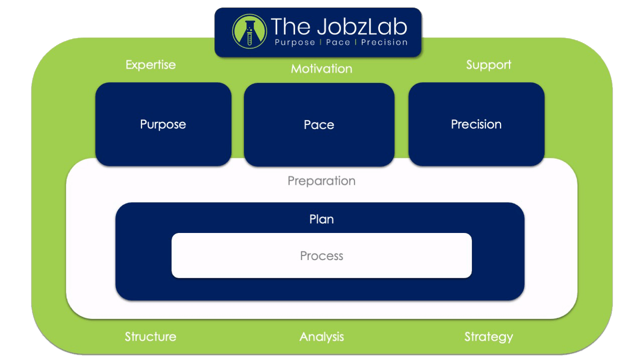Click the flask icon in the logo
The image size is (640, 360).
click(248, 32)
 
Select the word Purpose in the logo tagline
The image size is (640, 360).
click(295, 43)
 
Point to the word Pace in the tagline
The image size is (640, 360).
click(338, 43)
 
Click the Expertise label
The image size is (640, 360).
click(151, 65)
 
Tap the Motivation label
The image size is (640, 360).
click(321, 68)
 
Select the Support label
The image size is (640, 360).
click(488, 65)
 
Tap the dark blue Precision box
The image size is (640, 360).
click(476, 143)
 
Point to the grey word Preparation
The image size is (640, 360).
click(321, 181)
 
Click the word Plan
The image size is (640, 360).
click(321, 219)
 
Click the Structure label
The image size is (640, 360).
click(151, 336)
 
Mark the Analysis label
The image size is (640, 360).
click(321, 336)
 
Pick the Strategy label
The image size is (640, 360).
click(488, 336)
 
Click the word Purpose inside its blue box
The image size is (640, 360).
click(163, 124)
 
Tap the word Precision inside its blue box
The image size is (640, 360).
click(476, 124)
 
